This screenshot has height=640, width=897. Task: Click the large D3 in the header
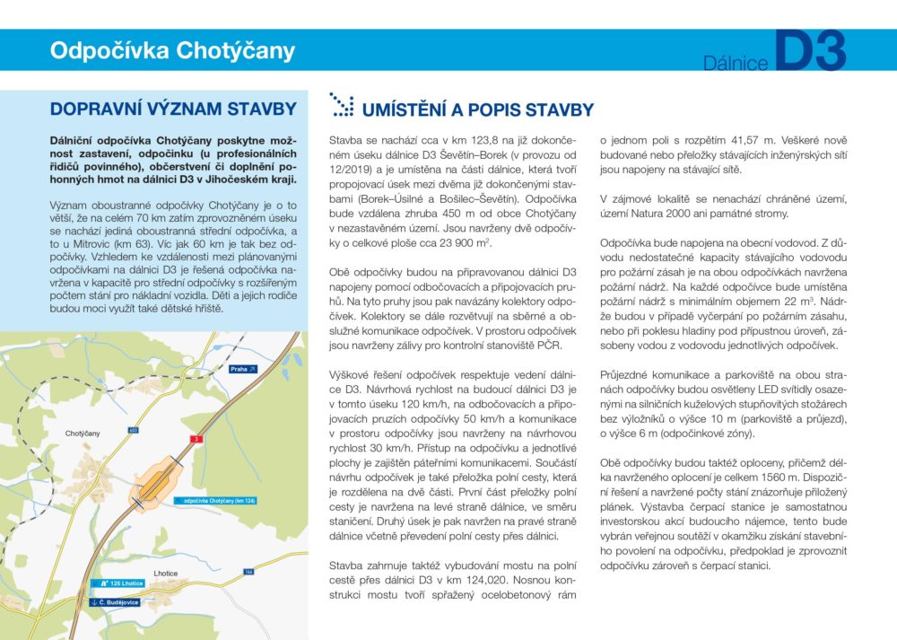pos(809,53)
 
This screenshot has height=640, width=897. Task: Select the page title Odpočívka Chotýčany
pos(171,50)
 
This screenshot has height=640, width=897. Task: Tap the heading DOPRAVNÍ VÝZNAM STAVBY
pos(173,109)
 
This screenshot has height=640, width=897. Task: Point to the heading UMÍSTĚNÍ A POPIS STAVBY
pos(477,110)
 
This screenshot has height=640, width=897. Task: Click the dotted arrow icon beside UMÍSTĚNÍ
pos(342,104)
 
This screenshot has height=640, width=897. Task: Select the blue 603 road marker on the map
pos(133,431)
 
